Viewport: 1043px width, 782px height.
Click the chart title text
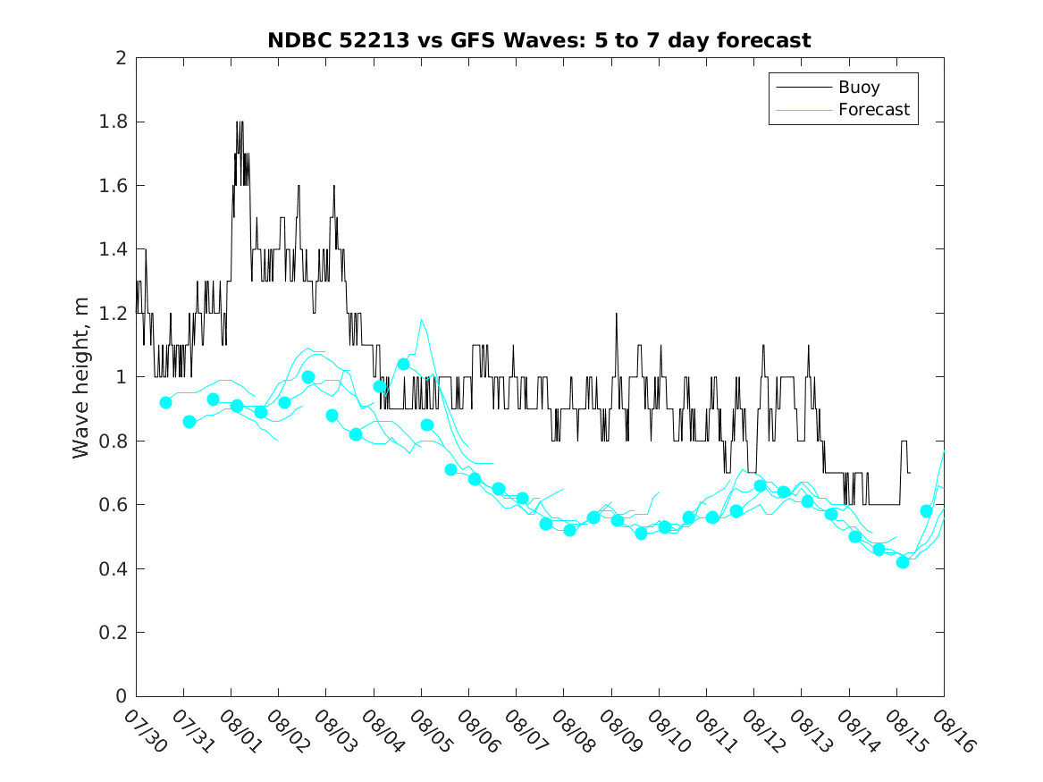pos(539,41)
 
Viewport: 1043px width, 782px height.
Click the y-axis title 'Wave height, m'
pos(81,377)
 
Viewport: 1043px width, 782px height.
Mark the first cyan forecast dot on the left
pos(165,402)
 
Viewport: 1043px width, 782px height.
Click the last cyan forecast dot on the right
pos(927,511)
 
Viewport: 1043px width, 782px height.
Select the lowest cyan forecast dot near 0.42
pos(903,562)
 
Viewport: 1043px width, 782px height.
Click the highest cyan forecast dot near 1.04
pos(403,364)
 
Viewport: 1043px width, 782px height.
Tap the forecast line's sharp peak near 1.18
pos(421,319)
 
